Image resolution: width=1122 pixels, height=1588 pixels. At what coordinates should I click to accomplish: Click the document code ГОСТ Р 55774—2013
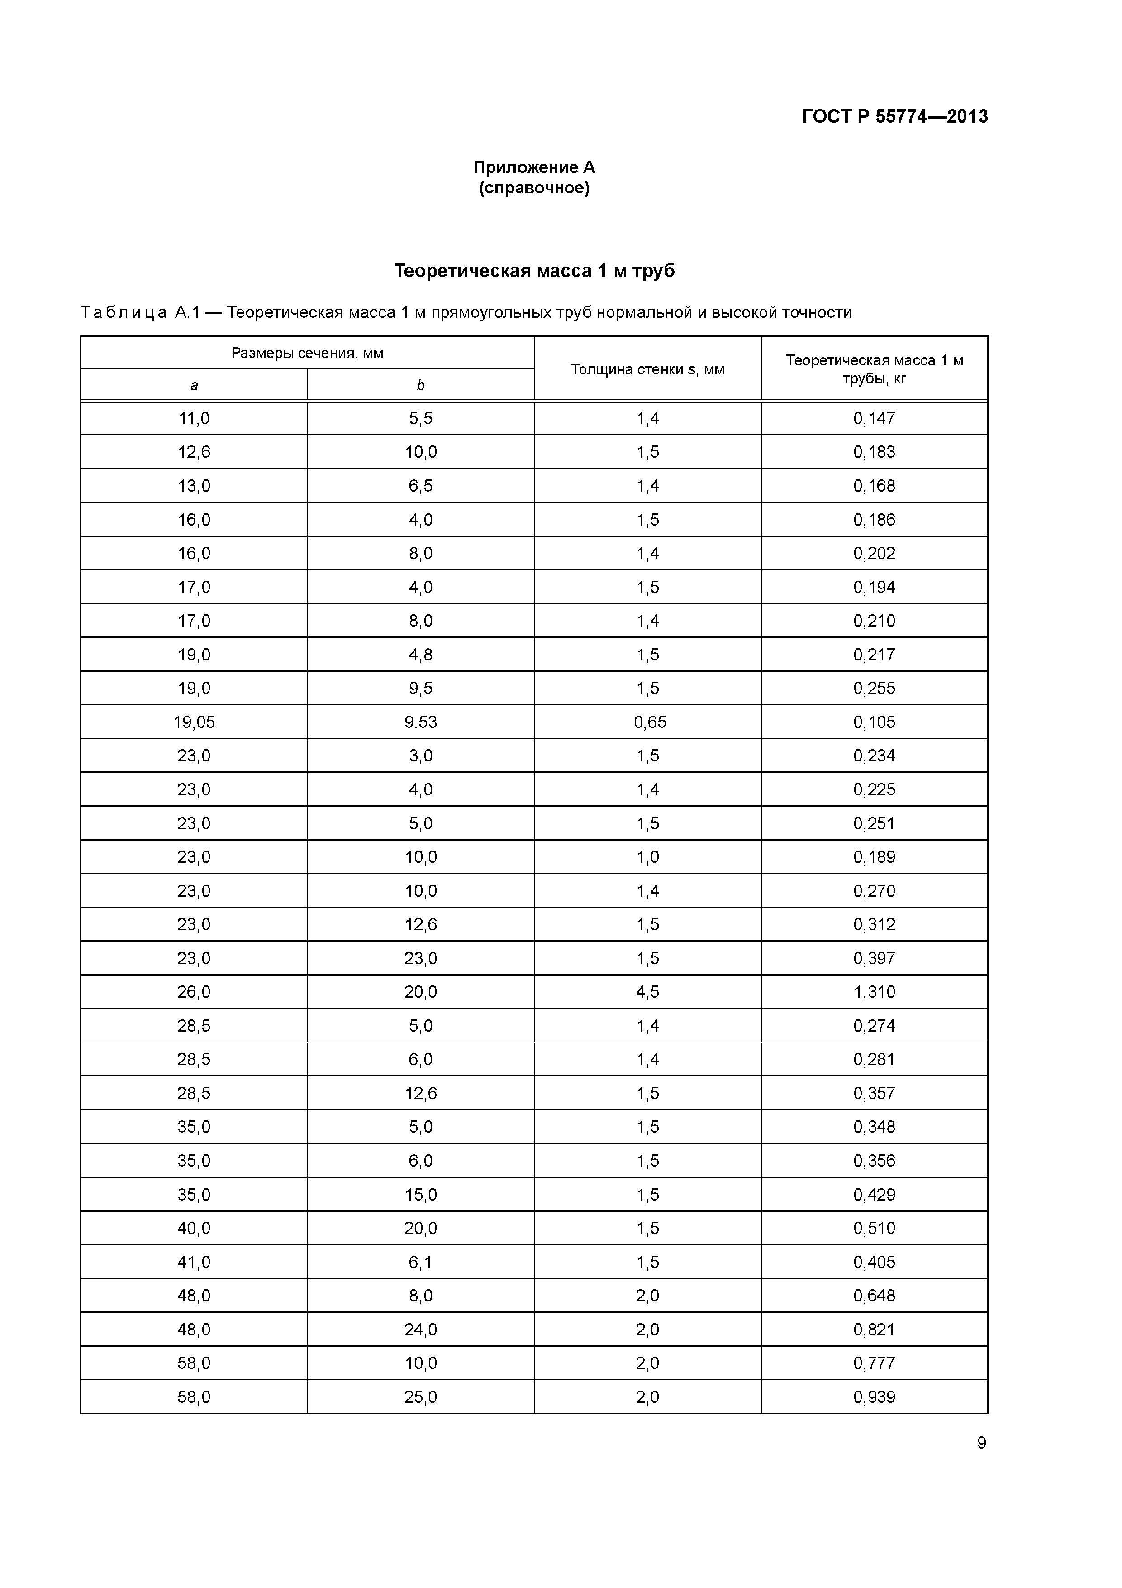point(894,116)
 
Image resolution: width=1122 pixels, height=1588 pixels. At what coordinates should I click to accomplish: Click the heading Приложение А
point(534,167)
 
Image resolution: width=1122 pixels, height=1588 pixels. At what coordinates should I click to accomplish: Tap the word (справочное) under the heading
point(534,188)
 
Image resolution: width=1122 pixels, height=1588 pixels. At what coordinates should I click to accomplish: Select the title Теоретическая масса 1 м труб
point(534,270)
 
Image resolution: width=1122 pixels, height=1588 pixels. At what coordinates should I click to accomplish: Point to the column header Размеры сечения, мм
point(307,354)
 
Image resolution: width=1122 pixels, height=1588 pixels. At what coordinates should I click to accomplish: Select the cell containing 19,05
point(194,722)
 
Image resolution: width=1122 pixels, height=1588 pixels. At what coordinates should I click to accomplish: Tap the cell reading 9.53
point(420,722)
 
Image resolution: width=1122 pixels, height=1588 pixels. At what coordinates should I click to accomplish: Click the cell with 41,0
point(194,1262)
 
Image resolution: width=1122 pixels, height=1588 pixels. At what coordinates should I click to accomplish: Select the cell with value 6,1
point(420,1262)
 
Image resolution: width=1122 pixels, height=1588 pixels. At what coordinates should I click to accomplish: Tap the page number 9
point(981,1443)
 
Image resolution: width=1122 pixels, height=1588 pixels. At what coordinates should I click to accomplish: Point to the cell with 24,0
point(420,1330)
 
